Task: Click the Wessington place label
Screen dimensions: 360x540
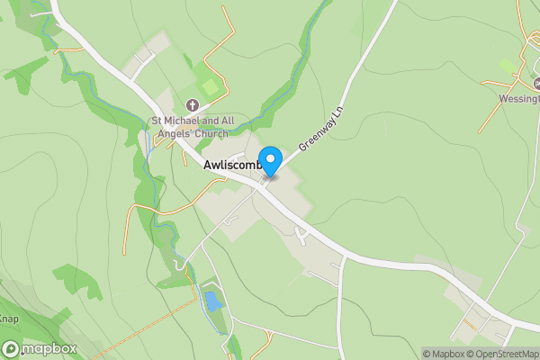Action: [x=519, y=100]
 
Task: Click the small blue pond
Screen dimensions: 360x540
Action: [x=211, y=301]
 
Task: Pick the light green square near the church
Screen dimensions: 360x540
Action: [x=210, y=88]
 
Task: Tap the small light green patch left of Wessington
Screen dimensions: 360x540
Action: [x=509, y=67]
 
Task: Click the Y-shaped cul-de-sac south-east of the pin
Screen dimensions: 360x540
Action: [x=302, y=235]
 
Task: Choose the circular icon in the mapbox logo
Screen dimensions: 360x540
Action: [x=12, y=348]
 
